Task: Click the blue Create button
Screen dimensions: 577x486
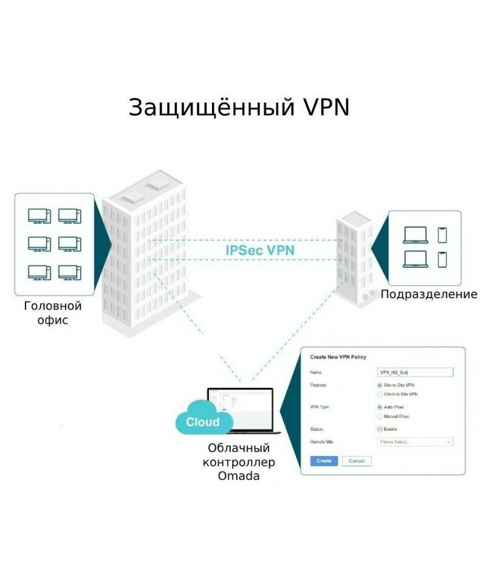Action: tap(324, 461)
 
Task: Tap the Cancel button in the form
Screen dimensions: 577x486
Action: tap(357, 461)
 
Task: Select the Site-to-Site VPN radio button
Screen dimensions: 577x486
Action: tap(380, 385)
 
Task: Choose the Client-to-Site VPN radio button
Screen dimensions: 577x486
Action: tap(380, 394)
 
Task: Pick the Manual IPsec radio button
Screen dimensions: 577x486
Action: tap(380, 417)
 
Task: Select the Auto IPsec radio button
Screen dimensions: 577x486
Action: tap(380, 407)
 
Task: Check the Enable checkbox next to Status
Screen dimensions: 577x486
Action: tap(380, 429)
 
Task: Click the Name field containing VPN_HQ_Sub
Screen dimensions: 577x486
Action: tap(414, 372)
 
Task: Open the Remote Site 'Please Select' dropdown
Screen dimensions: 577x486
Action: tap(414, 442)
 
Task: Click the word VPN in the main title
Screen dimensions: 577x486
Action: tap(326, 107)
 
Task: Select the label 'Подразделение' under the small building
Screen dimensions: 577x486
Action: tap(429, 295)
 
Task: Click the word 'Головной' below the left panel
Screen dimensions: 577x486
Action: tap(52, 306)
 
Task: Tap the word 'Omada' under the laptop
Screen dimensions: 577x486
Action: tap(239, 476)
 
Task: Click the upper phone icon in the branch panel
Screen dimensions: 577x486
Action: tap(442, 234)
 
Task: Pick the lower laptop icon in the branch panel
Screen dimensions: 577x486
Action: tap(416, 259)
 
